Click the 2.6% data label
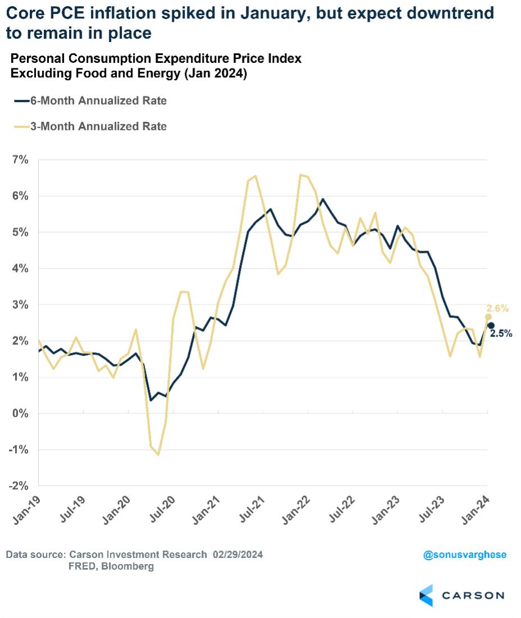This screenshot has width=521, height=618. [497, 308]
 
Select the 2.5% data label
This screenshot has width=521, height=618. [501, 333]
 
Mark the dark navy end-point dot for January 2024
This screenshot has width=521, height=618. [491, 326]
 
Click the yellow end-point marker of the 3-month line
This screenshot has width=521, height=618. [488, 317]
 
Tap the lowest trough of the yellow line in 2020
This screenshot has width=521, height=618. [158, 455]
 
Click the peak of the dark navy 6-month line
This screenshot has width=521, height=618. [322, 199]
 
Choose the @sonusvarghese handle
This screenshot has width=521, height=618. [465, 555]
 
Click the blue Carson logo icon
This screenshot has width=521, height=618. [426, 595]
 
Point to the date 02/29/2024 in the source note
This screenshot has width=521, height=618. [238, 555]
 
